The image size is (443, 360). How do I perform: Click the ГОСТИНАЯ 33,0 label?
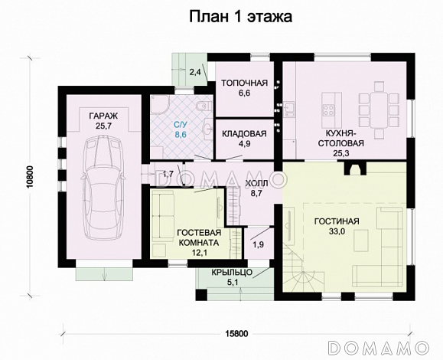336,227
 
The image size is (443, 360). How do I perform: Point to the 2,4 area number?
194,72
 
